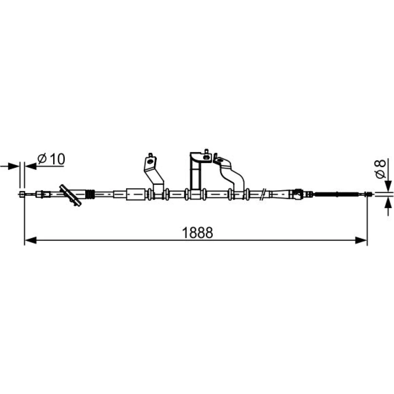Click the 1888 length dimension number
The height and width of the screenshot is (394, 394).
click(x=197, y=233)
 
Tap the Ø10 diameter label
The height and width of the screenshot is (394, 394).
click(x=51, y=159)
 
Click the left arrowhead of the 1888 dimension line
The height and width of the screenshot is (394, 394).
click(x=31, y=240)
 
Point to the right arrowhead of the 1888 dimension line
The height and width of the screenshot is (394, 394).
click(x=361, y=240)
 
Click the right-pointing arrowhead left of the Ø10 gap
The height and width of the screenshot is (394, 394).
click(x=13, y=166)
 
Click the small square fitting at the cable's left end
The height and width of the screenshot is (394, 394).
click(x=22, y=194)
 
